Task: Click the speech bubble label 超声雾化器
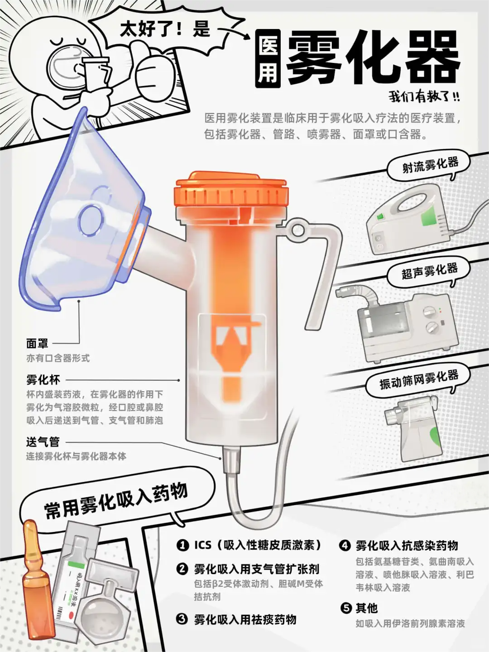[429, 271]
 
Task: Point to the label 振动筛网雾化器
[419, 379]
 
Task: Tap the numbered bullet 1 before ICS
[182, 545]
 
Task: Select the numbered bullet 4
[345, 545]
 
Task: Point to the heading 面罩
[37, 343]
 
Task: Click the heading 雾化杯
[43, 380]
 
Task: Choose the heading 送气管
[43, 442]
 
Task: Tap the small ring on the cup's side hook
[297, 229]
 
